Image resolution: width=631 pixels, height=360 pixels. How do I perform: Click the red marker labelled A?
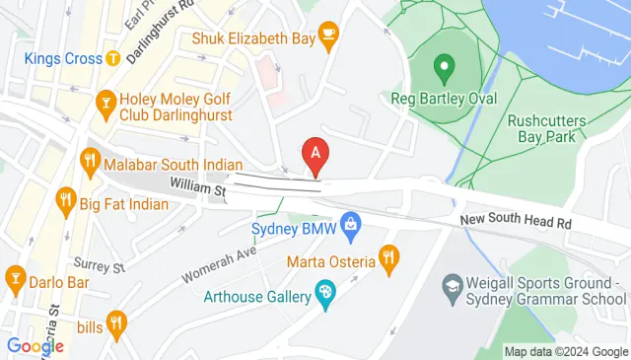pyautogui.click(x=315, y=154)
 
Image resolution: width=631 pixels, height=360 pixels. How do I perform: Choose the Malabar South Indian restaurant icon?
pyautogui.click(x=91, y=159)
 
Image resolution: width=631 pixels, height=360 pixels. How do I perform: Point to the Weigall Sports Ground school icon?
pyautogui.click(x=452, y=290)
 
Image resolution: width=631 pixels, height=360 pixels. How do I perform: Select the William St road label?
pyautogui.click(x=198, y=185)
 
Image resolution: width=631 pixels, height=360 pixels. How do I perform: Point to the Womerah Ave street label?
pyautogui.click(x=219, y=261)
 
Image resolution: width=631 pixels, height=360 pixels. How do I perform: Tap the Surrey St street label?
pyautogui.click(x=100, y=266)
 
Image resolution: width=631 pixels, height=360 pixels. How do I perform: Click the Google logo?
pyautogui.click(x=35, y=346)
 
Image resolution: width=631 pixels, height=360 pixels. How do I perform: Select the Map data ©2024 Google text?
pyautogui.click(x=566, y=351)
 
